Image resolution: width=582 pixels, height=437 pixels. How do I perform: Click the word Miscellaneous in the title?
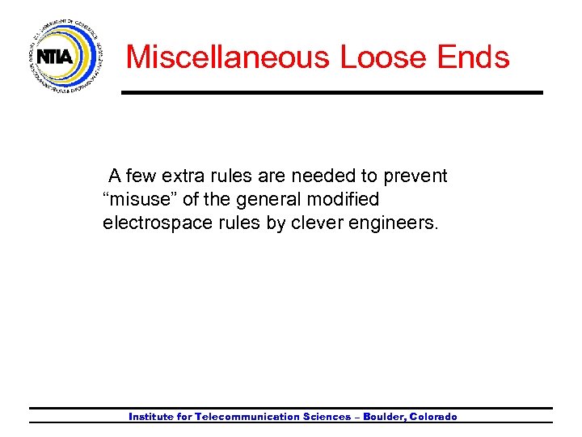pyautogui.click(x=228, y=57)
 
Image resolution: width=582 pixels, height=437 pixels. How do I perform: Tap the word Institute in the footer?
pyautogui.click(x=150, y=417)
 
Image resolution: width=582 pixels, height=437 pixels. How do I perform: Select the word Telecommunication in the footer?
pyautogui.click(x=247, y=417)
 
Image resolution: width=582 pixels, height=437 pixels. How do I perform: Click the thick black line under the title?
pyautogui.click(x=331, y=93)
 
